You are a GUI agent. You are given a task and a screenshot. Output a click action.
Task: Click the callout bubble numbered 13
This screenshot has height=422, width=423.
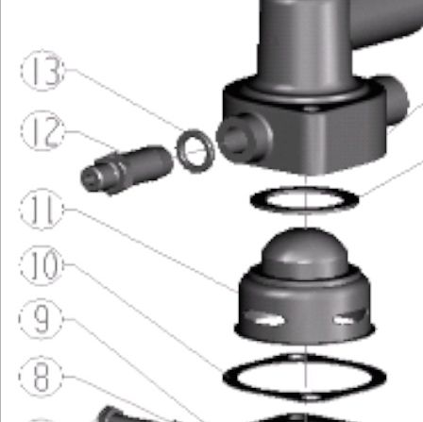(x=42, y=71)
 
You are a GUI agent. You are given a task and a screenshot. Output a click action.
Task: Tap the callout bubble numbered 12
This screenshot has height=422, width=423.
(x=42, y=130)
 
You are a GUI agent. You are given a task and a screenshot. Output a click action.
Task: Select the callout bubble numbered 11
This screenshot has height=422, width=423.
(x=42, y=210)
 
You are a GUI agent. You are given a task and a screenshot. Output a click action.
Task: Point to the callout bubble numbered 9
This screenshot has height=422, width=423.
(x=41, y=319)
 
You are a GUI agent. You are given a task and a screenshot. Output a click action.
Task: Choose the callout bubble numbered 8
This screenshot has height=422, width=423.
(x=41, y=377)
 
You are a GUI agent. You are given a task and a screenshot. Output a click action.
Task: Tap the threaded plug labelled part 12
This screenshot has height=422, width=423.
(x=127, y=169)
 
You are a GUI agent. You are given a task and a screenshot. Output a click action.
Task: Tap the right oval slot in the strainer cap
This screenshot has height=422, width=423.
(x=349, y=318)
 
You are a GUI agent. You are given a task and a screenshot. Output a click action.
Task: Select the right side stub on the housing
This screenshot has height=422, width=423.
(x=396, y=101)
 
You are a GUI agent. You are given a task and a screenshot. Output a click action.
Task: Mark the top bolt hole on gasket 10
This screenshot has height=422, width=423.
(x=296, y=358)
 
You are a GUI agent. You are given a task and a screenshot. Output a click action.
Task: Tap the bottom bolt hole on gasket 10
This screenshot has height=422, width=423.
(x=312, y=397)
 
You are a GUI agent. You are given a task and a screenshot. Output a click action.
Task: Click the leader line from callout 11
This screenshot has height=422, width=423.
(x=151, y=250)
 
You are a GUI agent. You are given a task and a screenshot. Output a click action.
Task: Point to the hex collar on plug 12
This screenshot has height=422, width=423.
(x=115, y=173)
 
